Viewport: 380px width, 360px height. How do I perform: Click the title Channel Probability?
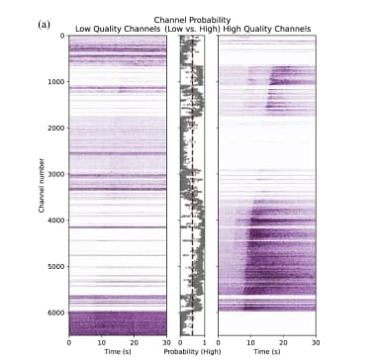point(190,20)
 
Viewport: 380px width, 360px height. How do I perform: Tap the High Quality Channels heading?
point(265,29)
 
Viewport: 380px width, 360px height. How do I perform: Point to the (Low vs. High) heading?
point(192,29)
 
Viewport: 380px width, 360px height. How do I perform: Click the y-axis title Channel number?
point(42,188)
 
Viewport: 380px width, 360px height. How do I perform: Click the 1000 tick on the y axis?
point(56,82)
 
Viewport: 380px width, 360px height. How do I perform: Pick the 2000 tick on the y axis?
point(56,128)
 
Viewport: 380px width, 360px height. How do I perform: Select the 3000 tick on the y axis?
point(56,174)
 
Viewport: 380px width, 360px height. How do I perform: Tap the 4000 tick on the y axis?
point(56,221)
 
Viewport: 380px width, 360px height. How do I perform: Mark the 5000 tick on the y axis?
point(56,266)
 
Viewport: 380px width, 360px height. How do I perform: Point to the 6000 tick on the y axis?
point(56,313)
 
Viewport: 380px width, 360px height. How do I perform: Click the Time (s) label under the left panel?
point(118,352)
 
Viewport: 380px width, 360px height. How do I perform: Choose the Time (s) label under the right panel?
point(265,352)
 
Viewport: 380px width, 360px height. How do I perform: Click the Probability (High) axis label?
point(192,352)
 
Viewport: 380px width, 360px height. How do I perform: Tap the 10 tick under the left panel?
point(101,343)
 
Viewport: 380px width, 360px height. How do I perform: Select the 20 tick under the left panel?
point(135,343)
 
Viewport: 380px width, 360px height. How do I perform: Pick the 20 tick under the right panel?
point(282,343)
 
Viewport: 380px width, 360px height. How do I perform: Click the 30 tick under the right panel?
point(315,343)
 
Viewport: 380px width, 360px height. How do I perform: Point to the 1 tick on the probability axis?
point(204,343)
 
